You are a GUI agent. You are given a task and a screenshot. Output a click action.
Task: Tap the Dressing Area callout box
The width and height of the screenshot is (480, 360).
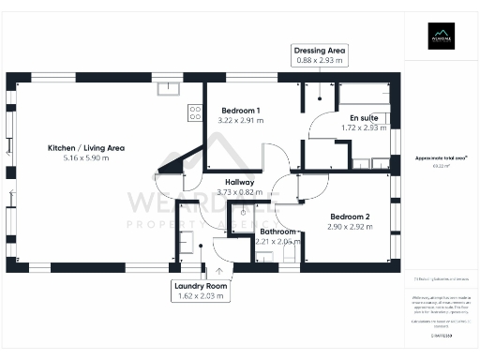320,55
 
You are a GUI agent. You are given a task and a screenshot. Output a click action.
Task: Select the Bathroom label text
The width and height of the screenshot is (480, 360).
278,232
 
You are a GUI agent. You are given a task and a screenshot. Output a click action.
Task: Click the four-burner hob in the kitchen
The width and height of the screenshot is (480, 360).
195,112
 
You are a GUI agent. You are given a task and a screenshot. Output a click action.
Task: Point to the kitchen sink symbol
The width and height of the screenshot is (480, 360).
170,88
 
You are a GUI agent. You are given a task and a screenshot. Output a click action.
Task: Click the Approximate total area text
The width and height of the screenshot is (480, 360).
441,158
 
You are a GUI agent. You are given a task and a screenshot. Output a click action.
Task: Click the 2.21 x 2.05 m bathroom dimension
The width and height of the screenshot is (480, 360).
278,241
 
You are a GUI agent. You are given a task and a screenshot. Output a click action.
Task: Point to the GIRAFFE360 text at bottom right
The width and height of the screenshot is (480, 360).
442,334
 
